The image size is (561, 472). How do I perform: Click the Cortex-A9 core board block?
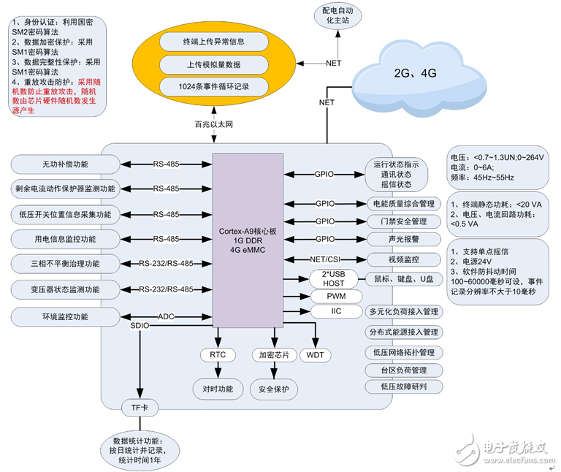point(248,241)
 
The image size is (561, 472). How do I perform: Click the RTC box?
point(218,355)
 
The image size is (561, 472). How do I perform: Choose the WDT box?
point(316,355)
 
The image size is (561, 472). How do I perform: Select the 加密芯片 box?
point(275,355)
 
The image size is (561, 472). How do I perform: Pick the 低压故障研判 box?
point(403,387)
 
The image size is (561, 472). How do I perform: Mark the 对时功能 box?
point(218,389)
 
